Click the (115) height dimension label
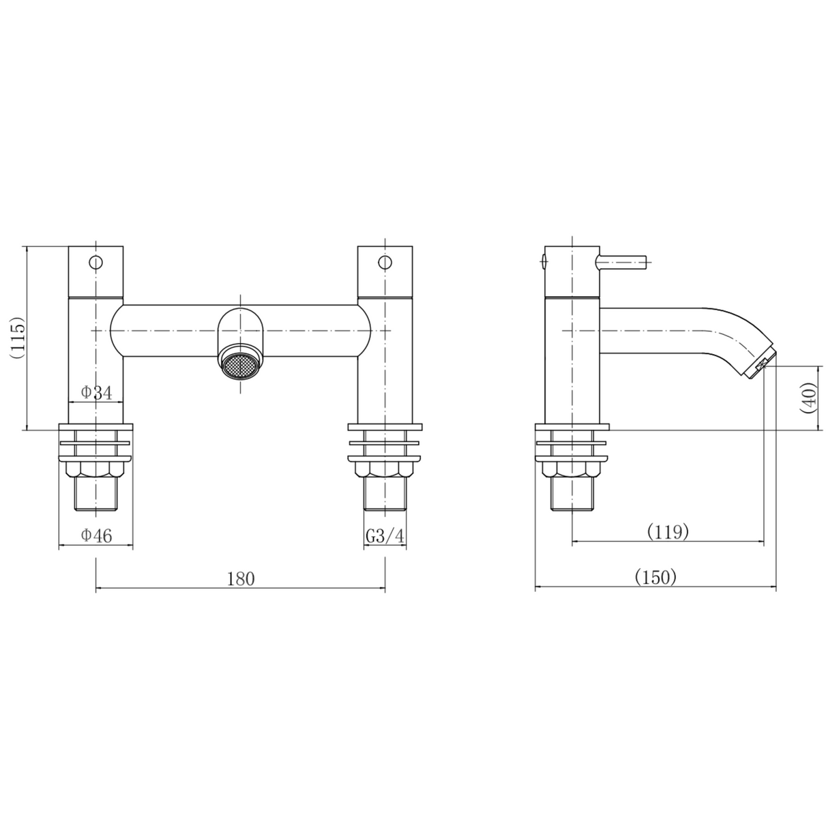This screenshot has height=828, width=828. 17,338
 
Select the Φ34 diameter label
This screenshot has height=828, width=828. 96,392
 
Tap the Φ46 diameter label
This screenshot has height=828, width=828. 96,535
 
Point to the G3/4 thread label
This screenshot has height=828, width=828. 385,536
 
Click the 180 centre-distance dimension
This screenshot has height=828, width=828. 240,579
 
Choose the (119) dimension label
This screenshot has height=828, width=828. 667,531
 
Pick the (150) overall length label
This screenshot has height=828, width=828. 655,577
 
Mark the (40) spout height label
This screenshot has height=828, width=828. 809,398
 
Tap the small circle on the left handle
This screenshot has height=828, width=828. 96,262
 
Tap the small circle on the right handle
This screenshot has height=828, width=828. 385,262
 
